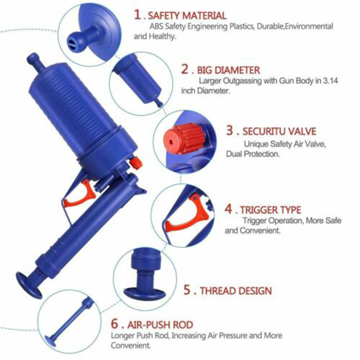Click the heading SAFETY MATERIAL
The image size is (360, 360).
coord(187,16)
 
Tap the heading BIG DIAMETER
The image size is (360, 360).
coord(228,70)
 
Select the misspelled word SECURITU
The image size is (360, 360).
coord(264,131)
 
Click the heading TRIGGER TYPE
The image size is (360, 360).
coord(270,210)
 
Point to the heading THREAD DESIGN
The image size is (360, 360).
coord(236,291)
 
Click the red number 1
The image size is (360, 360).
coord(138,15)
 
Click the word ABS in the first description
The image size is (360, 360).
coord(156,27)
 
